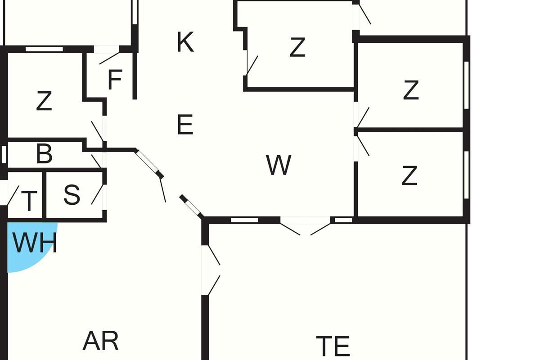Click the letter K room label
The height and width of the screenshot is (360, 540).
pos(185,42)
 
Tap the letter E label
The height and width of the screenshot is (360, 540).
pos(185,125)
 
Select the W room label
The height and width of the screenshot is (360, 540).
pos(279,165)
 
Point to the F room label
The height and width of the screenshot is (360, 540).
pos(115,81)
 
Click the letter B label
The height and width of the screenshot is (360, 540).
pos(44,154)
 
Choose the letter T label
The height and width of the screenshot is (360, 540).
pos(29,201)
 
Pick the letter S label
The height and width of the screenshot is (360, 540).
pos(72,195)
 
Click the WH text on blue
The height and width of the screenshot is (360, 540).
pos(34,243)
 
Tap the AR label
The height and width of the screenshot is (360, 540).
pos(101,341)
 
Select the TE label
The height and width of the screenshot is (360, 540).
pos(333,346)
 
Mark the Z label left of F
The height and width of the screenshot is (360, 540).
pos(44,101)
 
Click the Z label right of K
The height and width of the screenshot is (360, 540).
pos(297,47)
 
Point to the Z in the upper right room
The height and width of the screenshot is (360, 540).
pos(411,90)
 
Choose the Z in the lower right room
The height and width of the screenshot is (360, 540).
pos(409,176)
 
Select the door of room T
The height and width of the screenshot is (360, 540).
pos(13,196)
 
